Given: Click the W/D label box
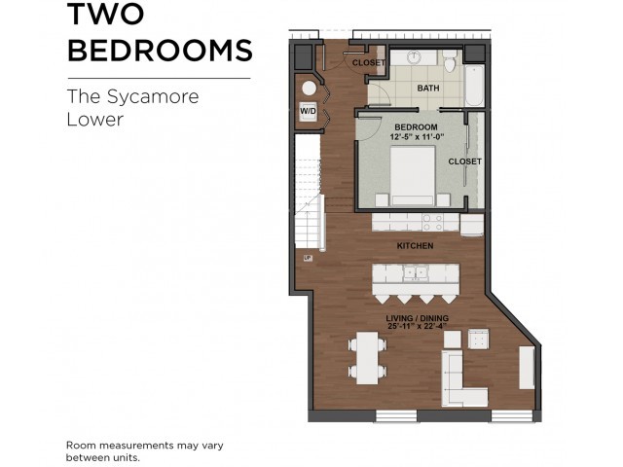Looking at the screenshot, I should [x=308, y=111].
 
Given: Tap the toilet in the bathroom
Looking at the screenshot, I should [x=449, y=65].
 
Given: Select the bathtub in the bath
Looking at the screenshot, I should [x=473, y=84].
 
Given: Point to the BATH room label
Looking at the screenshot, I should [x=428, y=89].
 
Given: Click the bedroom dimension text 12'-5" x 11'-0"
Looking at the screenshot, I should [x=415, y=136].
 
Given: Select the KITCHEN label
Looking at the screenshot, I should [x=415, y=246].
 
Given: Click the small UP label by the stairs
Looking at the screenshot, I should [x=307, y=258].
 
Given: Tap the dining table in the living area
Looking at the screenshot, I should [x=367, y=356].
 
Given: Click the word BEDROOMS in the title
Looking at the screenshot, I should [x=160, y=51].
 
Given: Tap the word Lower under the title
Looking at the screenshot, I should [x=94, y=121].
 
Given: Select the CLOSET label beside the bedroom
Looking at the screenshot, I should [x=464, y=162].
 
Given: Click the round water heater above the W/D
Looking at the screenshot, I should [x=309, y=88].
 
